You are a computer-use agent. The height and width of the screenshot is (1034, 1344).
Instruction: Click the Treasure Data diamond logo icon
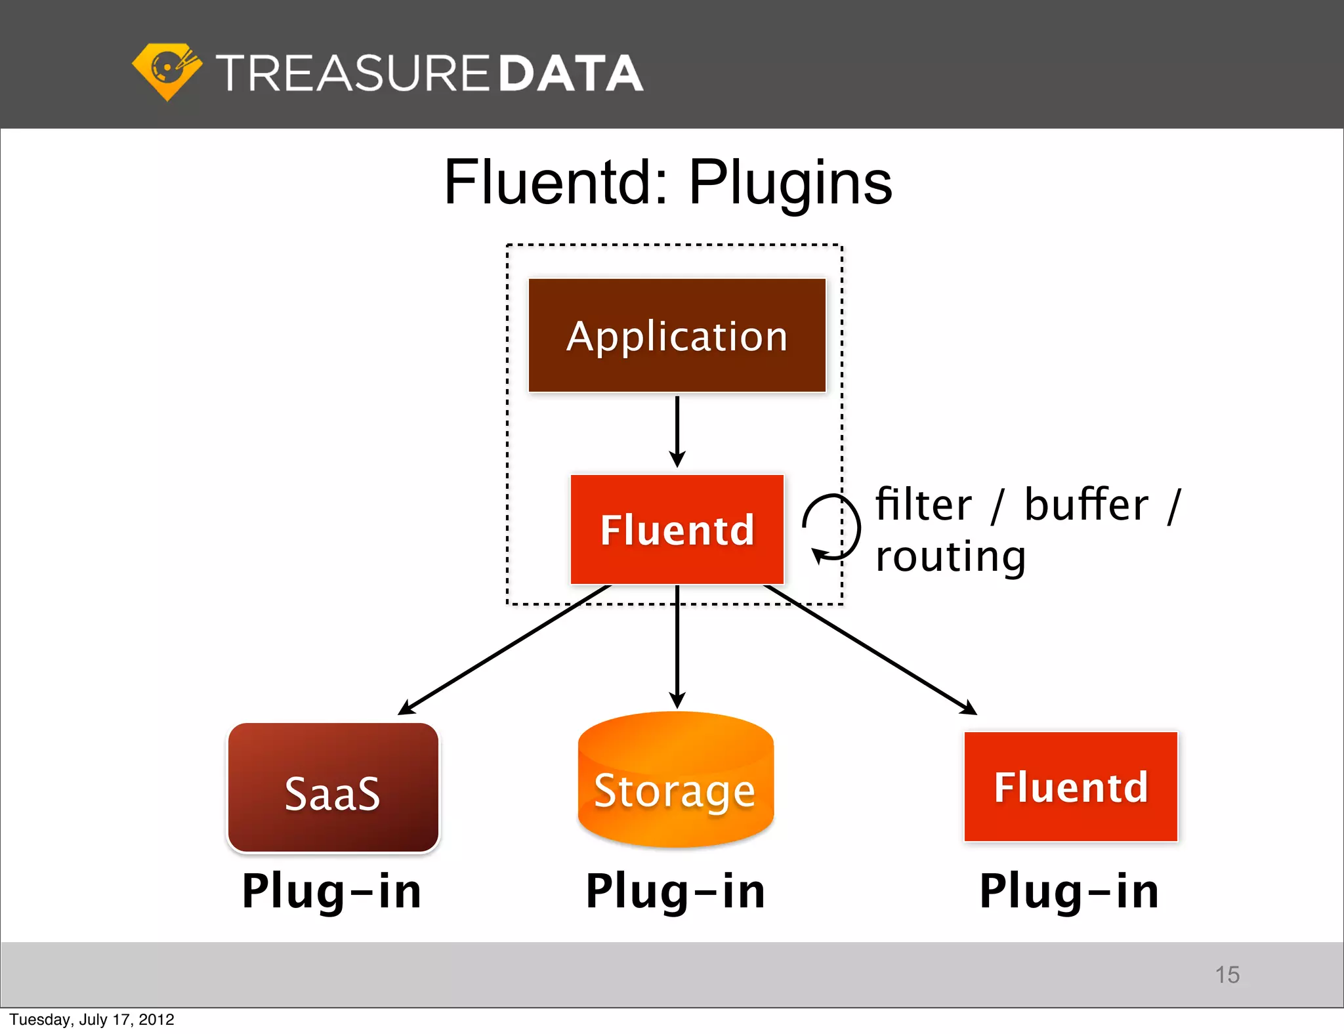point(167,72)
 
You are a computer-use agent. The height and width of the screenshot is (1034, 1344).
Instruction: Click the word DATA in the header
point(570,73)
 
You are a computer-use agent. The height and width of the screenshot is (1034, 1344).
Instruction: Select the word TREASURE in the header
point(352,73)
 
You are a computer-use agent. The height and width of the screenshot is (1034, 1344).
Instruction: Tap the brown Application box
point(677,335)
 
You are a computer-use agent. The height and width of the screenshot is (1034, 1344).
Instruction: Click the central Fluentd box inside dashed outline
point(677,529)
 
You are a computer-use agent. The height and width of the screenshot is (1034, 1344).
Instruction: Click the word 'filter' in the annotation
point(923,505)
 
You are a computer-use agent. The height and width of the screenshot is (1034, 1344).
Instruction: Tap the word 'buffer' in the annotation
point(1086,505)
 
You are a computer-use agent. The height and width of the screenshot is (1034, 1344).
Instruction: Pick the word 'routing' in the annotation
point(950,558)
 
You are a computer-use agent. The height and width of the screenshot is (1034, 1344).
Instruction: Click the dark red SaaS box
point(333,787)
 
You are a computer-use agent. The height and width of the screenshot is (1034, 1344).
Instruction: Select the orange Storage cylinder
point(675,781)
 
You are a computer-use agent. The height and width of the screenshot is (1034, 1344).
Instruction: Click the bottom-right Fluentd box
point(1070,786)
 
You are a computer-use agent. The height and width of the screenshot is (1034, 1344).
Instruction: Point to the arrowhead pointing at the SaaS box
point(405,709)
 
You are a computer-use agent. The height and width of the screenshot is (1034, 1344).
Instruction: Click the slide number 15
point(1227,974)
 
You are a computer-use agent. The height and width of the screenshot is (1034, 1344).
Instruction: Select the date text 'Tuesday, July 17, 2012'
point(92,1020)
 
